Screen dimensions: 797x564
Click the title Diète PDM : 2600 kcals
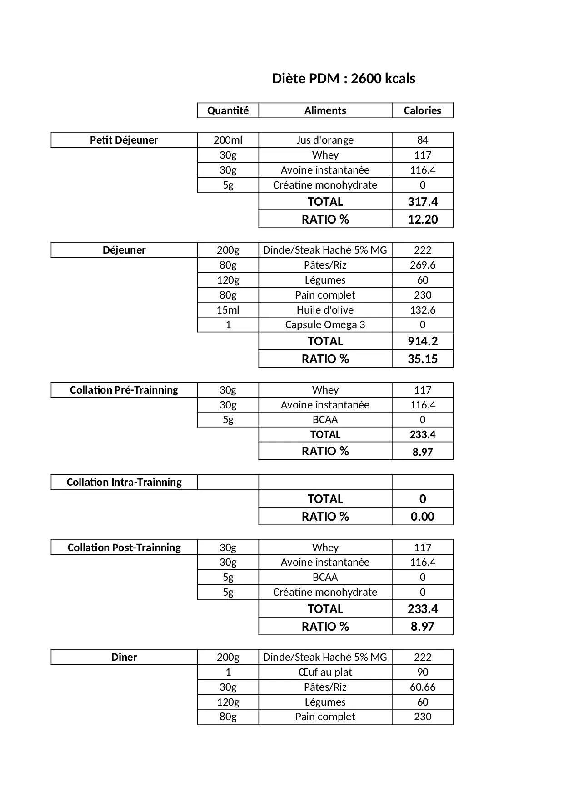point(344,79)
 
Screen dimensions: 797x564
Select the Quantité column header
point(228,110)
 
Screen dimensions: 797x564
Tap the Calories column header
point(422,110)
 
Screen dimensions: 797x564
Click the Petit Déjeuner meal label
point(124,140)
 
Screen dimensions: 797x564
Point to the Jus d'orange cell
point(325,140)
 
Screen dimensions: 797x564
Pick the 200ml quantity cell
point(228,140)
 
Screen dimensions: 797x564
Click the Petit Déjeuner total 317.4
point(423,202)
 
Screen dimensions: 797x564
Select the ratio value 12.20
point(423,219)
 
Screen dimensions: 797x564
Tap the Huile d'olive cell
point(325,310)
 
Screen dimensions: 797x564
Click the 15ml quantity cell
point(228,310)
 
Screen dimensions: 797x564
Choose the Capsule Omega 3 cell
point(325,324)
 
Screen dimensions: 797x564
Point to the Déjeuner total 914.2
point(423,341)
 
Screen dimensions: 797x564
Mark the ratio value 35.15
point(423,359)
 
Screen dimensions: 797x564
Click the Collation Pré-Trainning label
point(124,390)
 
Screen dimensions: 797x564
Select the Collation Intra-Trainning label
point(124,482)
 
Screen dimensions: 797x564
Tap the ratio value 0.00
point(423,517)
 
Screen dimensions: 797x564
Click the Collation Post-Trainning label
point(124,548)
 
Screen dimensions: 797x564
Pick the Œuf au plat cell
point(325,672)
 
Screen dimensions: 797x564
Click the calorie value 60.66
point(423,687)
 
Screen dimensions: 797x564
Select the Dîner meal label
point(124,657)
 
